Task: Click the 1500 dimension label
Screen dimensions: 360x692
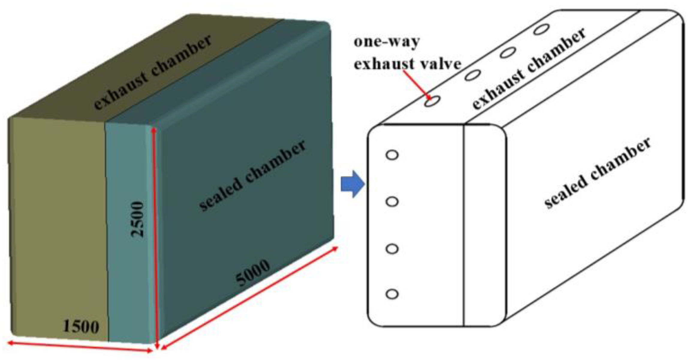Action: click(81, 326)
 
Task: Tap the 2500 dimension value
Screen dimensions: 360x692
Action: click(138, 219)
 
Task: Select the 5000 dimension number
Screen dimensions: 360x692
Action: click(253, 272)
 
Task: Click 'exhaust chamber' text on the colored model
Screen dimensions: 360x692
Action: click(153, 72)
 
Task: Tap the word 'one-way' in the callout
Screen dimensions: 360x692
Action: click(387, 42)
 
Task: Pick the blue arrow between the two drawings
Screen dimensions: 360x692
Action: click(353, 184)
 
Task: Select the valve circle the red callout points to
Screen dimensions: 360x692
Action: click(432, 101)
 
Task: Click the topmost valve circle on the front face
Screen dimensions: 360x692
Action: click(392, 155)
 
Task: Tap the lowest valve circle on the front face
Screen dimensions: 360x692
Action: click(392, 294)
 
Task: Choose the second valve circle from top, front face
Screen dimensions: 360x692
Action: click(392, 202)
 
